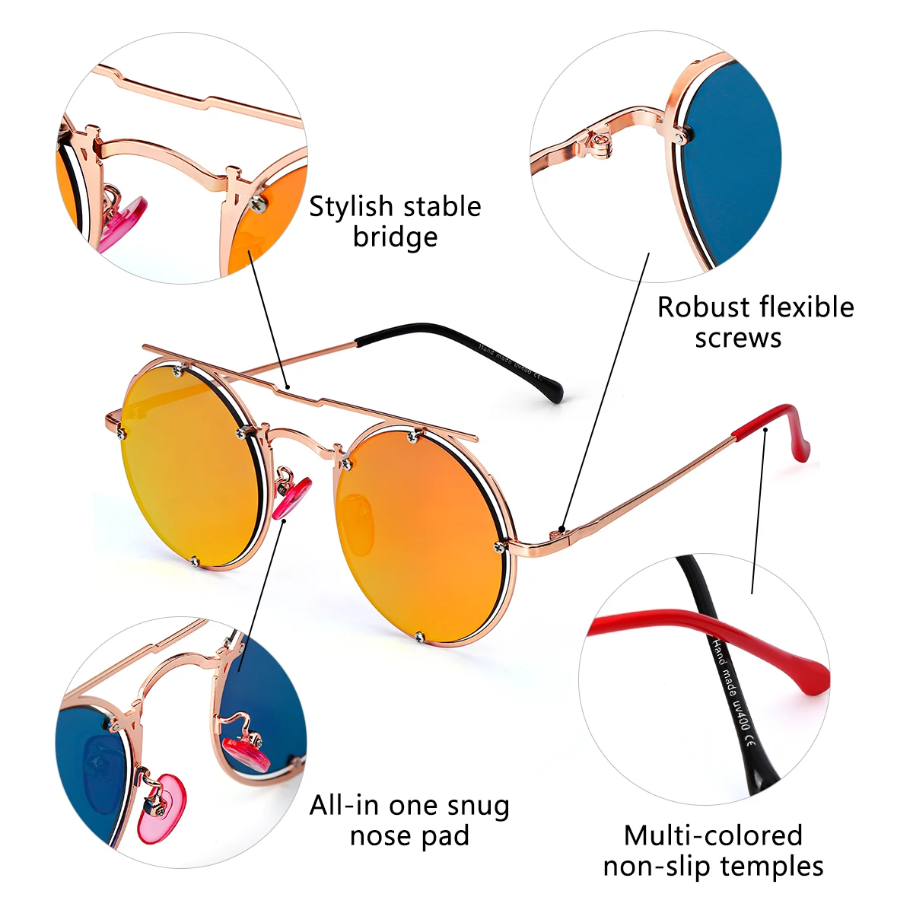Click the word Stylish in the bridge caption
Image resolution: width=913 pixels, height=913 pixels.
tap(352, 207)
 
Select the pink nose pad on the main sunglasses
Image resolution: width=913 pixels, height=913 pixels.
tap(293, 497)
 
